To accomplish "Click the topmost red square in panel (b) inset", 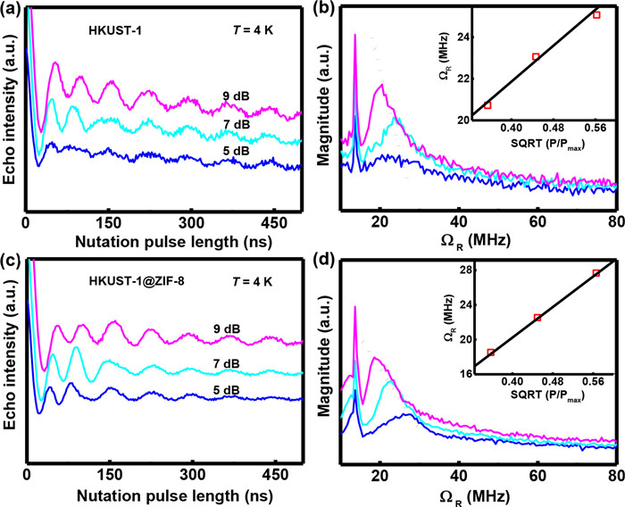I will pyautogui.click(x=596, y=15).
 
